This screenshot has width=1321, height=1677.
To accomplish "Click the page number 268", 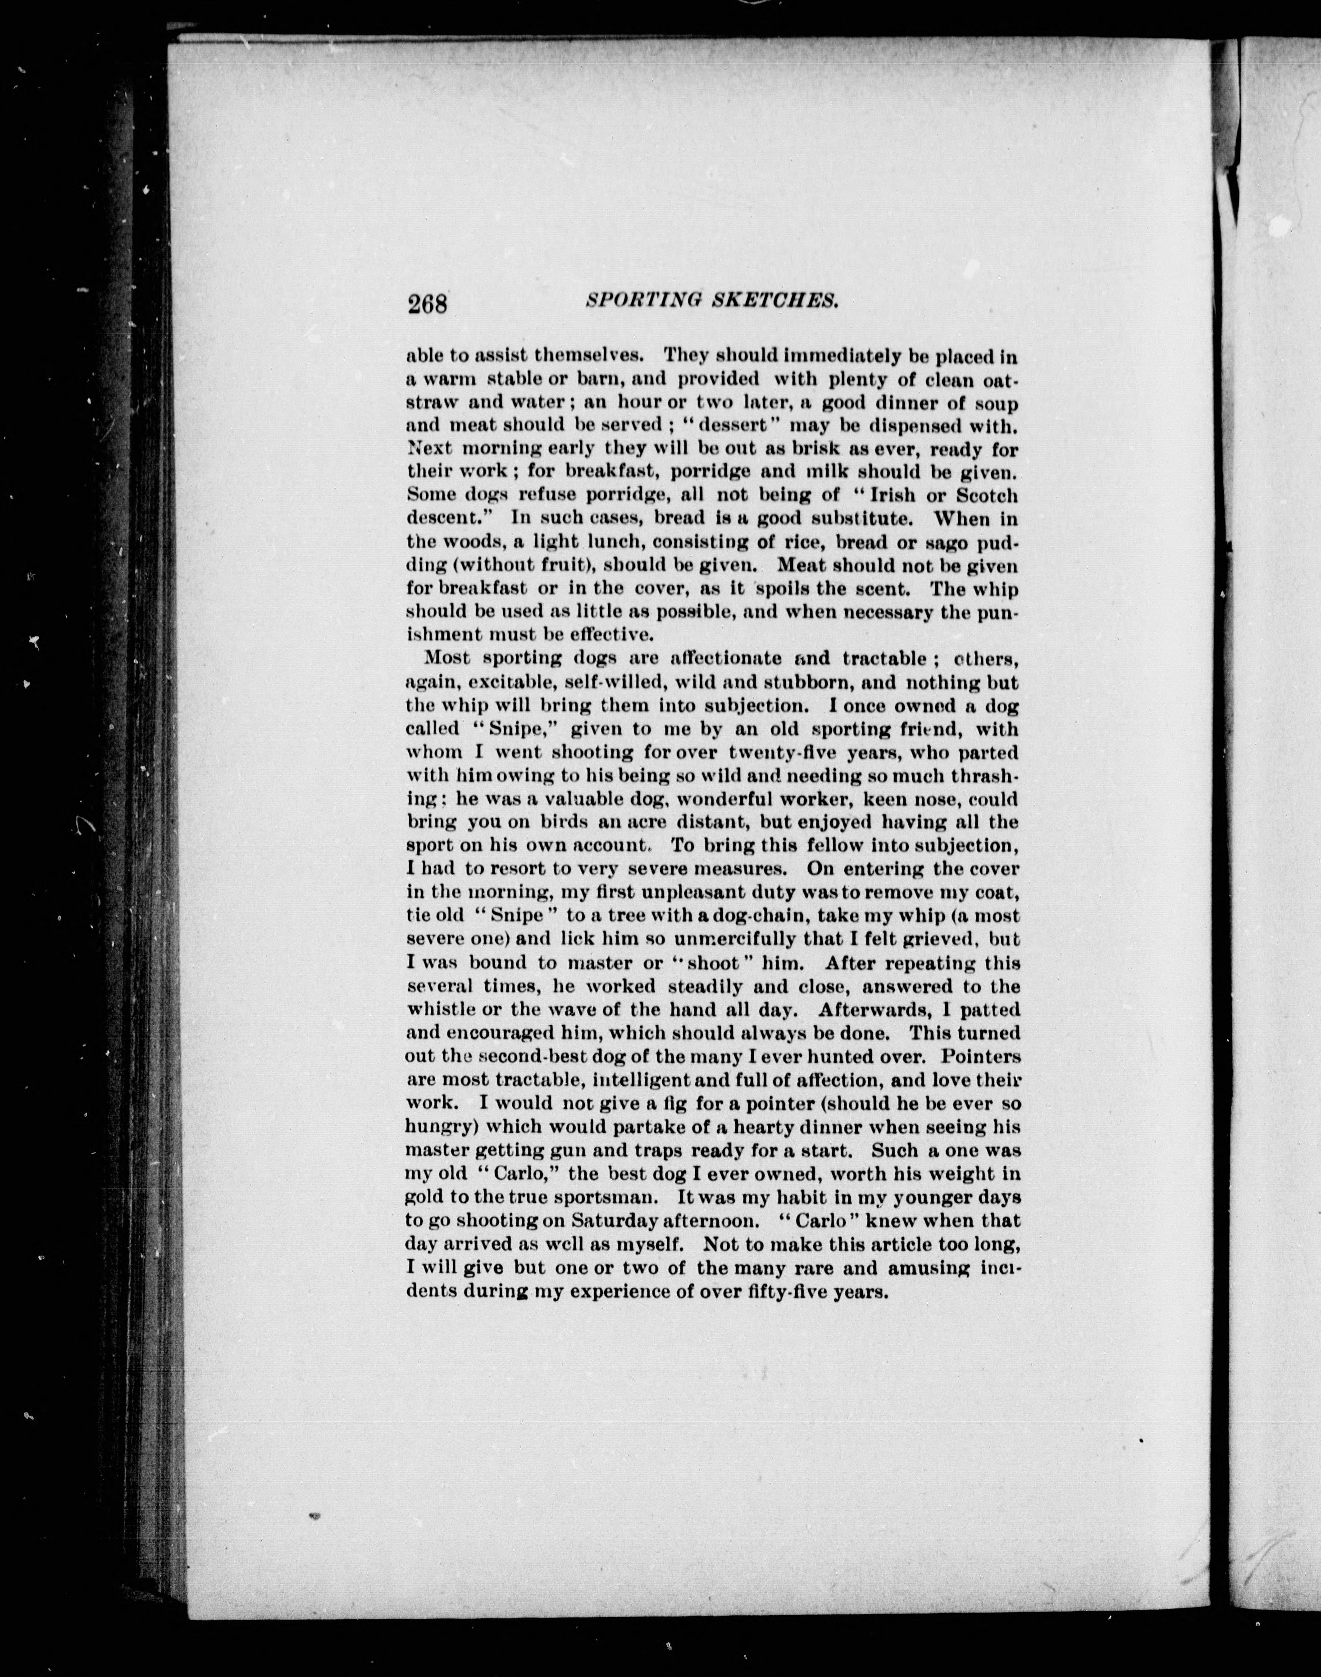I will point(428,303).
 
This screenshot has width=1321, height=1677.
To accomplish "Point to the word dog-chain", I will point(754,916).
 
